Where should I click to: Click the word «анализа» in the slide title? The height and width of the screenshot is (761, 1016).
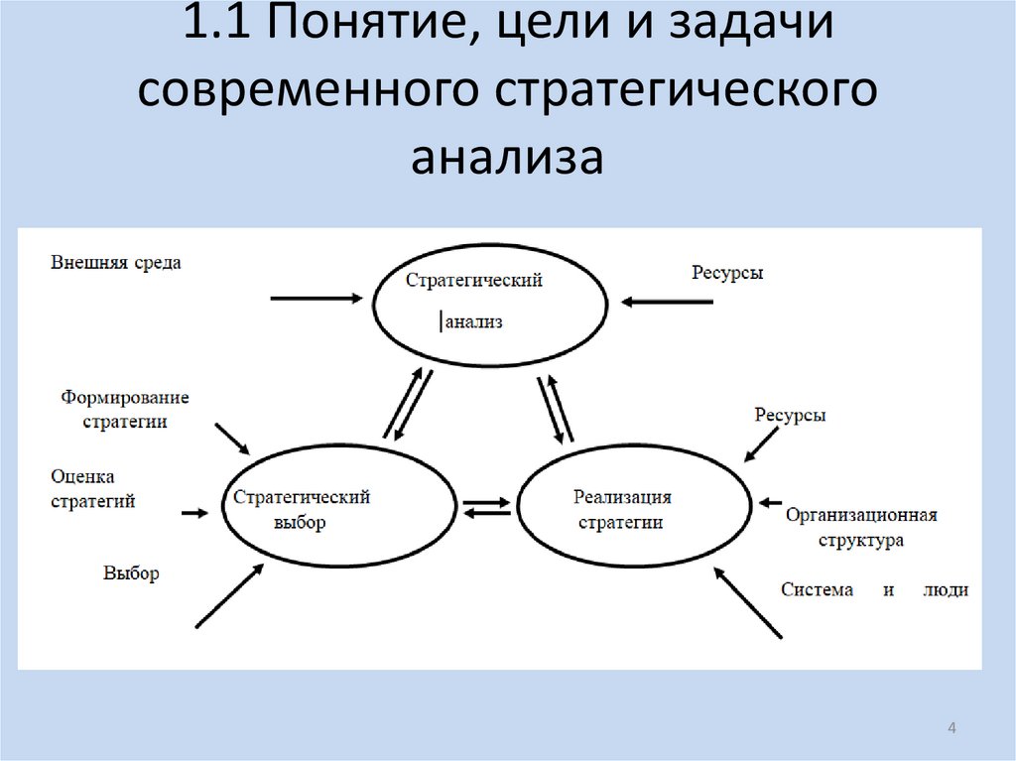tap(507, 157)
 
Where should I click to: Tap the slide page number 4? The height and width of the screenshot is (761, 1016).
tap(952, 730)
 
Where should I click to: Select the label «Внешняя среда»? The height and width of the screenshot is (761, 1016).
tap(116, 264)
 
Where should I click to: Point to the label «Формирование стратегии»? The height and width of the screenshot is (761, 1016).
tap(124, 409)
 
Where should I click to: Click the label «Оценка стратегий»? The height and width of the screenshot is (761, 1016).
tap(92, 489)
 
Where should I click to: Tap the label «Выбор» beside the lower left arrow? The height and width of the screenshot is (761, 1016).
tap(130, 572)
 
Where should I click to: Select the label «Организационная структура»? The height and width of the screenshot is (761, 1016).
tap(861, 528)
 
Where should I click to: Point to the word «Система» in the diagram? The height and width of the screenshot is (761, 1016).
tap(817, 589)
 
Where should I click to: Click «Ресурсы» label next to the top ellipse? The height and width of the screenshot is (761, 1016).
tap(727, 273)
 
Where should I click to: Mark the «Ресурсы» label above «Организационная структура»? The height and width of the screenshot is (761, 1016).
tap(790, 416)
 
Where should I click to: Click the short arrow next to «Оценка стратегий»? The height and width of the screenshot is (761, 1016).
tap(194, 513)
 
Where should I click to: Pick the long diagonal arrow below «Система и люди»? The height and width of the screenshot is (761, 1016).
tap(748, 602)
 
